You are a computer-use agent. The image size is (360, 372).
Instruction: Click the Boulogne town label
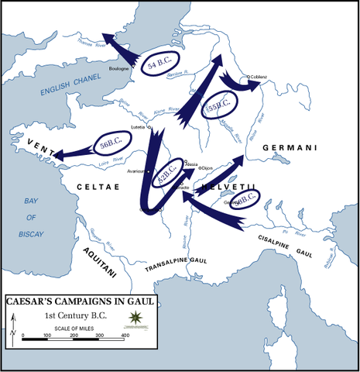119,69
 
